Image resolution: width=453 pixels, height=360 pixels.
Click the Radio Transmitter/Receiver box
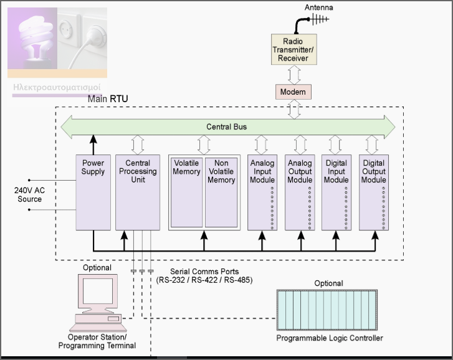pyautogui.click(x=293, y=50)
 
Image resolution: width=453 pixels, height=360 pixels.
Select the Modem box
pyautogui.click(x=293, y=92)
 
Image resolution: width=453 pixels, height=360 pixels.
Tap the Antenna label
pyautogui.click(x=318, y=7)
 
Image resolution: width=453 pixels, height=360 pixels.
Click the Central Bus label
pyautogui.click(x=227, y=127)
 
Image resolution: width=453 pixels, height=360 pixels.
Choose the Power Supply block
pyautogui.click(x=93, y=192)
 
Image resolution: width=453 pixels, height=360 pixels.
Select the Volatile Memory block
pyautogui.click(x=187, y=192)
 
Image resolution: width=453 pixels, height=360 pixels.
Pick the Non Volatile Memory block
pyautogui.click(x=221, y=192)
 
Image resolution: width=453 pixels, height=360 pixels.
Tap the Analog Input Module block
pyautogui.click(x=262, y=192)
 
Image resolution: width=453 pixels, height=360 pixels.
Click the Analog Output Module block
pyautogui.click(x=300, y=192)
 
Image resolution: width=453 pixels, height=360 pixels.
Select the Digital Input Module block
pyautogui.click(x=336, y=192)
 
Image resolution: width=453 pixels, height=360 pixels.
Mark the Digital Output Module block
pyautogui.click(x=374, y=192)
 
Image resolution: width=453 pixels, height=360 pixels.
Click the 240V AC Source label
pyautogui.click(x=29, y=194)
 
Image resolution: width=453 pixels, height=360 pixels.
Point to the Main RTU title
pyautogui.click(x=108, y=98)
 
